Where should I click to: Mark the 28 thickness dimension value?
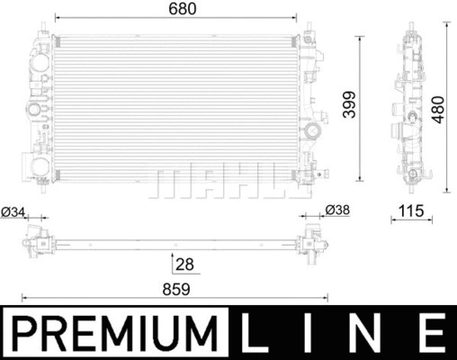click(x=185, y=264)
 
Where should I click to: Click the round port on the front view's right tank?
click(x=314, y=132)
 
